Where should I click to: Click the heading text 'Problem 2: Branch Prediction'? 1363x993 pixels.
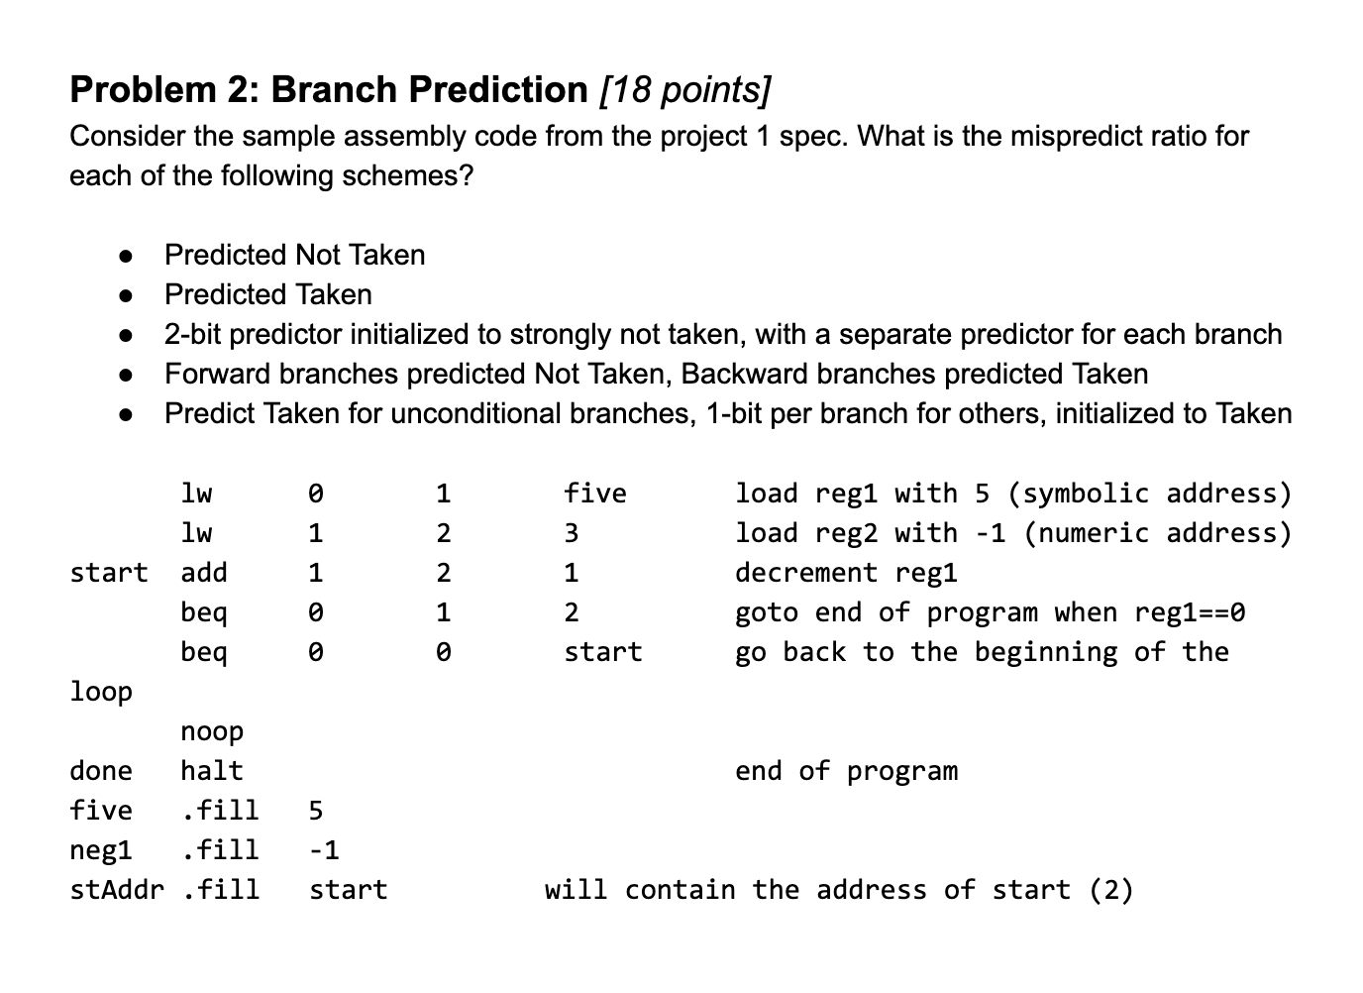(x=328, y=90)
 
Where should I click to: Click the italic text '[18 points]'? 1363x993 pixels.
(x=684, y=90)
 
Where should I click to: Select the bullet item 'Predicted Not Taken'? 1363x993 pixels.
(x=294, y=255)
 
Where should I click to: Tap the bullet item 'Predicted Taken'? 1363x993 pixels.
(x=267, y=294)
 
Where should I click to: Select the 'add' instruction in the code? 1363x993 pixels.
(x=204, y=573)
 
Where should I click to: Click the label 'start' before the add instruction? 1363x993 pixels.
(x=108, y=573)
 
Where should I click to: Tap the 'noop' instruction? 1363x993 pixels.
(x=212, y=731)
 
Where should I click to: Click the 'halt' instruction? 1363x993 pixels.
(x=212, y=771)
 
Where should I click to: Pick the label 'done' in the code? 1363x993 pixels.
(x=100, y=771)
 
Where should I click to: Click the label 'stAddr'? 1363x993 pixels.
(x=116, y=890)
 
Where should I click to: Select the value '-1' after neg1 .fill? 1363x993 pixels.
(x=324, y=850)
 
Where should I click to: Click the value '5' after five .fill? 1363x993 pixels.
(x=315, y=811)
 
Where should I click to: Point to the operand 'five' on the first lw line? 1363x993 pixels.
(x=594, y=494)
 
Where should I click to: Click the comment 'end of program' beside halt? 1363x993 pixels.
(x=846, y=771)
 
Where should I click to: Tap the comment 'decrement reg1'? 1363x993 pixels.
(x=846, y=573)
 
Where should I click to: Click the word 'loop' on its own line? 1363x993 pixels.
(x=100, y=692)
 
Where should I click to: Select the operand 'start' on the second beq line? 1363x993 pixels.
(x=602, y=652)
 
